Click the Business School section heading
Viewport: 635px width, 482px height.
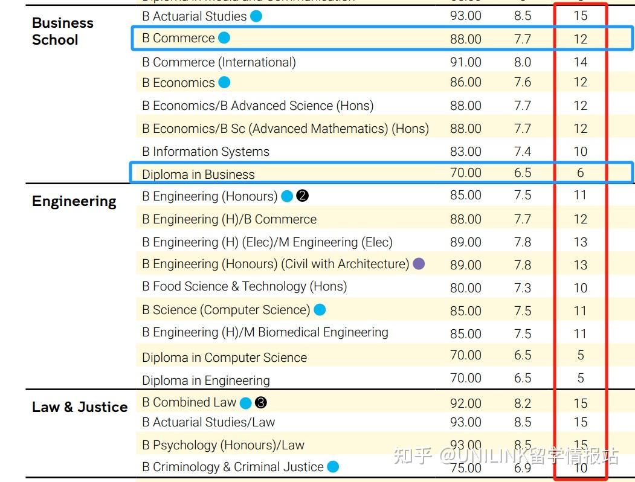tap(62, 31)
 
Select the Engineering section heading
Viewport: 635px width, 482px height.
tap(74, 201)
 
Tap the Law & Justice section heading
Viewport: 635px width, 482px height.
tap(80, 407)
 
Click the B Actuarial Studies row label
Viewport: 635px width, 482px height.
tap(194, 16)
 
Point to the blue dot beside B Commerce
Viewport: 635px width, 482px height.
tap(224, 38)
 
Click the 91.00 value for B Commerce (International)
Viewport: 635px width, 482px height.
tap(466, 62)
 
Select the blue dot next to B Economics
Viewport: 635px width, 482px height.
tap(224, 83)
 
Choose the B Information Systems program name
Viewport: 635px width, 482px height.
tap(205, 152)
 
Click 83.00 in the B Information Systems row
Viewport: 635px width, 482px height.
tap(466, 152)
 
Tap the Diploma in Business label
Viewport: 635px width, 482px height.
tap(198, 175)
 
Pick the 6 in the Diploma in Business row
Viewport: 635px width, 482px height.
tap(580, 173)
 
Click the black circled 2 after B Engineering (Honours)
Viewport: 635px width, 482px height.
tap(303, 196)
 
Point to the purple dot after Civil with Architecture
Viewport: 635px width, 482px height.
tap(419, 264)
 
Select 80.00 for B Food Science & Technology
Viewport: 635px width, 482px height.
tap(466, 288)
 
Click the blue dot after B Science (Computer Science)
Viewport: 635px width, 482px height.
tap(320, 310)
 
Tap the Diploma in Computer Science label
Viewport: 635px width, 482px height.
tap(224, 358)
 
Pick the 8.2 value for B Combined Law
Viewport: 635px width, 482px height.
tap(523, 403)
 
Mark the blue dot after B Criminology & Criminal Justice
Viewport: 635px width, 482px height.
tap(333, 467)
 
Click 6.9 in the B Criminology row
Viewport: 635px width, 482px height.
tap(523, 468)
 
